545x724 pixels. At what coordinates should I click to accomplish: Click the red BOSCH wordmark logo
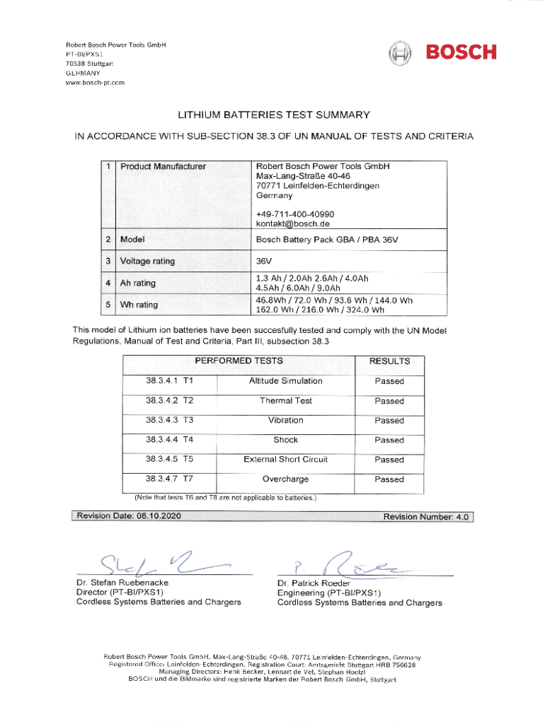(460, 52)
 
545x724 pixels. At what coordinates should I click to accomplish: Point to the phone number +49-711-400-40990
(295, 214)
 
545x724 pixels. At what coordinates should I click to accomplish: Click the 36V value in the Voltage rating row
(264, 261)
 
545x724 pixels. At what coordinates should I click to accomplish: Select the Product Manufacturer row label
(163, 167)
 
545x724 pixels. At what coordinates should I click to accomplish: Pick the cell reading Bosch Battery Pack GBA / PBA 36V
(327, 240)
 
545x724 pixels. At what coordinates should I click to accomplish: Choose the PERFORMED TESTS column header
(239, 361)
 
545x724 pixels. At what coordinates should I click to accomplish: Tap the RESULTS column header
(389, 361)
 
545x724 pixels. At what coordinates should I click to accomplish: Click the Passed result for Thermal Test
(389, 401)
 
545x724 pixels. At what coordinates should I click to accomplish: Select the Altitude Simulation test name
(285, 381)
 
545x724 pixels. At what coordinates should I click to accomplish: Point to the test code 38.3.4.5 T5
(170, 460)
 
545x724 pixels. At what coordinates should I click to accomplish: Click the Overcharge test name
(285, 479)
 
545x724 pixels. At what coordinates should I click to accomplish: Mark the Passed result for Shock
(389, 440)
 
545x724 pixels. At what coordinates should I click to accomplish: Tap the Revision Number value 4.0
(462, 517)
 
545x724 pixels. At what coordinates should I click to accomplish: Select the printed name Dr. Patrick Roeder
(314, 583)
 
